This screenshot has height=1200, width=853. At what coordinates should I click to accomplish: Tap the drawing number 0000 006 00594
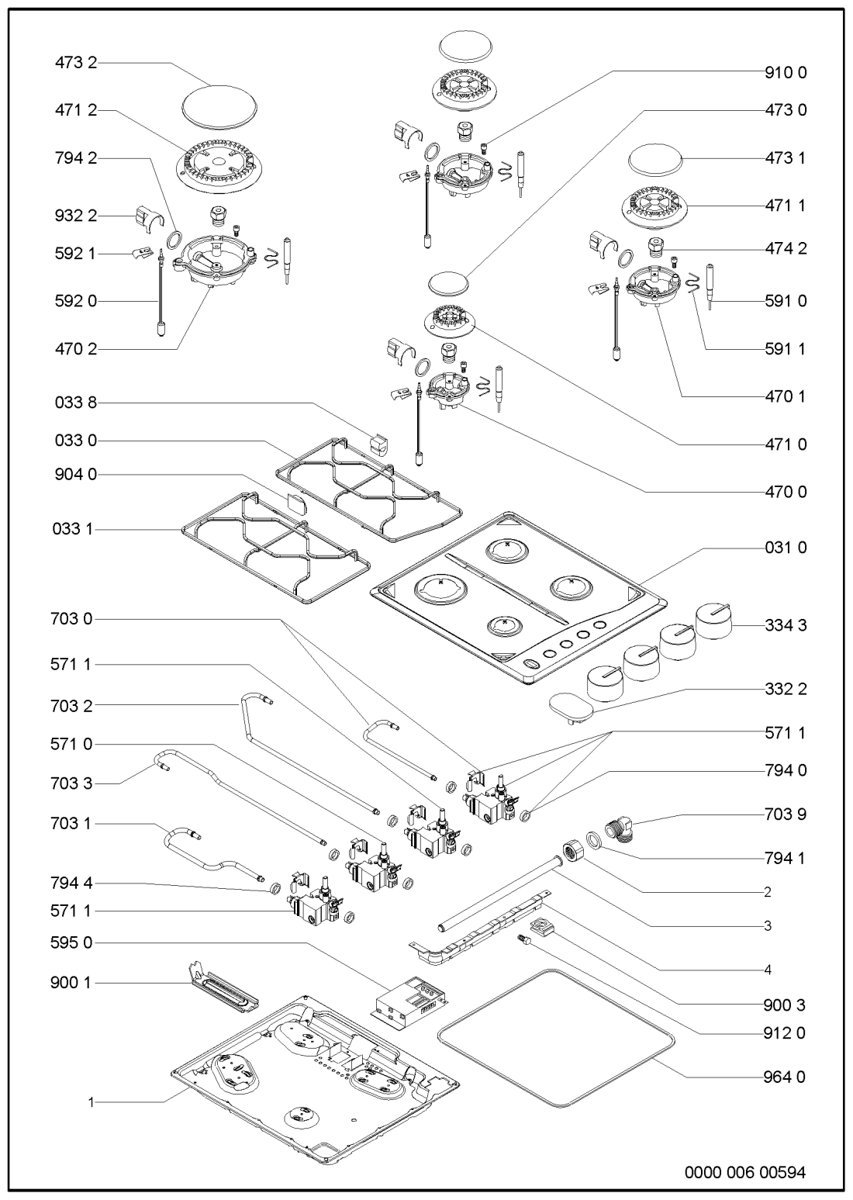744,1172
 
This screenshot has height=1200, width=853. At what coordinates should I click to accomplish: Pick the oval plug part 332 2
570,706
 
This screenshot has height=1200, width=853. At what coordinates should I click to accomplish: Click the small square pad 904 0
295,500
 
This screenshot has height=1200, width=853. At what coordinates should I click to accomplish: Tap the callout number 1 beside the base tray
91,1101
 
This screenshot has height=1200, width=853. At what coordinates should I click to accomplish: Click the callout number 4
768,969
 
